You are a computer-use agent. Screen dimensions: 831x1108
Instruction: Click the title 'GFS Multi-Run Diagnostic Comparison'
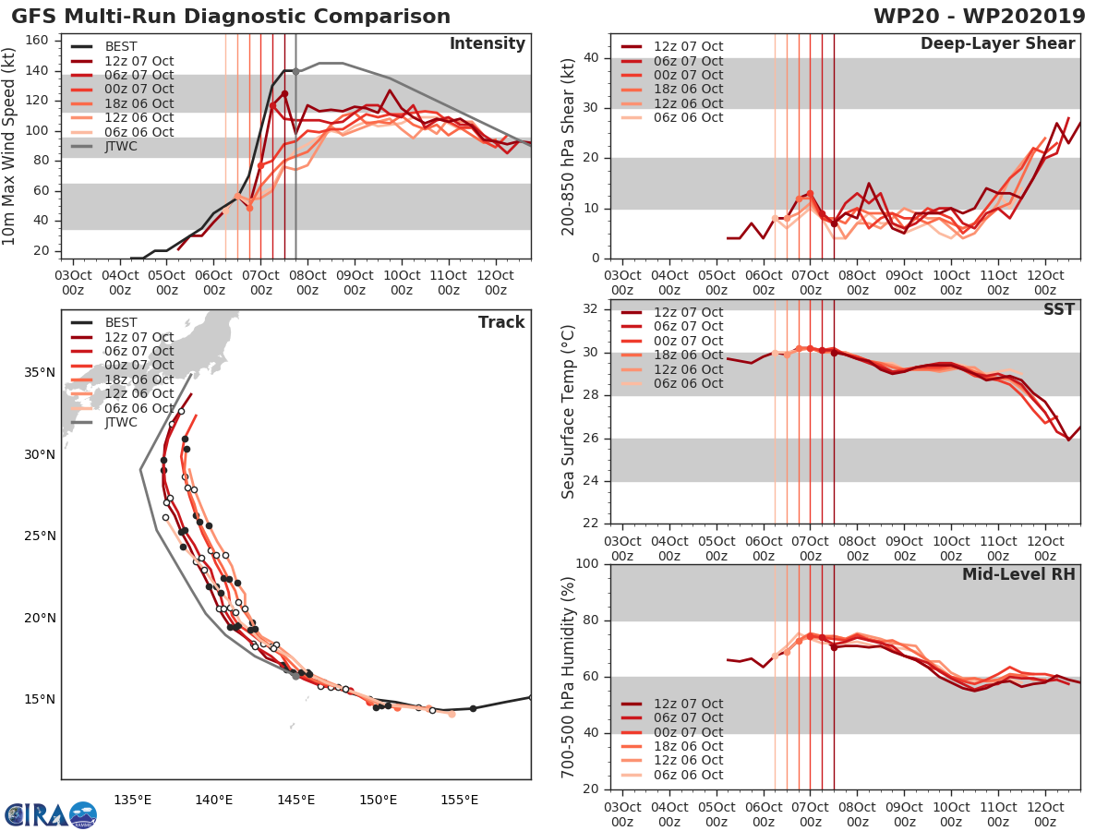coord(231,17)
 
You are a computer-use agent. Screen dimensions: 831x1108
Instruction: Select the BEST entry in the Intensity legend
coord(121,46)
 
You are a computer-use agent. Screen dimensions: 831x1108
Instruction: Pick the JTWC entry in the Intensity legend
coord(121,147)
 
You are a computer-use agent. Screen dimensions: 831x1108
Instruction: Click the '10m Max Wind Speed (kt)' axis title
coord(11,148)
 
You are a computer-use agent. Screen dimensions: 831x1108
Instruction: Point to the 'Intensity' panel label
coord(487,44)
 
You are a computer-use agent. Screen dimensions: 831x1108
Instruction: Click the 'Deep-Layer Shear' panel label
coord(997,44)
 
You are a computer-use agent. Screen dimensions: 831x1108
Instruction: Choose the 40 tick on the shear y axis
coord(591,58)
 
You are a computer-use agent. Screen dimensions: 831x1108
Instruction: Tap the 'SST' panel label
coord(1058,309)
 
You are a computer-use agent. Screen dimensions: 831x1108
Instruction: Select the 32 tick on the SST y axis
coord(591,309)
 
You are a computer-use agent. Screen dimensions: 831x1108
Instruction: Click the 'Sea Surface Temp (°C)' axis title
coord(569,411)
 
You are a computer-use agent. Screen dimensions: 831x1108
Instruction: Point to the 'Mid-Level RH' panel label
coord(1018,575)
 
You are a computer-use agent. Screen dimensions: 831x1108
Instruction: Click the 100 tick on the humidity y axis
coord(586,563)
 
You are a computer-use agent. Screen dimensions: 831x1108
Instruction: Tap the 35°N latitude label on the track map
coord(39,373)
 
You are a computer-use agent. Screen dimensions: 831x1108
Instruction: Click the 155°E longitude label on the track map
coord(459,800)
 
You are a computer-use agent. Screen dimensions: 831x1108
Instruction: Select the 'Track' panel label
coord(500,322)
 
